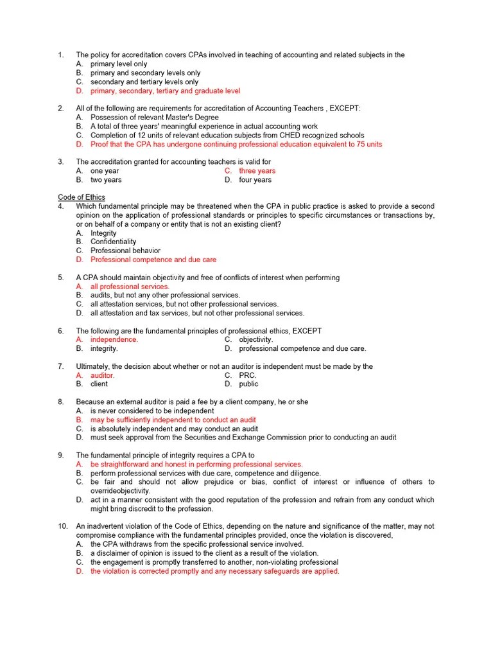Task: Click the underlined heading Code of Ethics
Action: tap(82, 197)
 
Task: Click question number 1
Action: tap(60, 55)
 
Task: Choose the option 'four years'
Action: tap(255, 180)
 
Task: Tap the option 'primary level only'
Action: tap(119, 64)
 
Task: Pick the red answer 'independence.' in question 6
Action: tap(114, 339)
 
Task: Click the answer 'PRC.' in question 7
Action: tap(248, 375)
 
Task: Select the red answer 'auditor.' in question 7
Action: tap(102, 375)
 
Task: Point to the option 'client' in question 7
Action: tap(99, 384)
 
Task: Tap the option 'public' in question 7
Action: tap(248, 384)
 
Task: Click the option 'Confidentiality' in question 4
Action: tap(113, 242)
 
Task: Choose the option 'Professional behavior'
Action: tap(125, 251)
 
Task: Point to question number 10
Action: tap(62, 526)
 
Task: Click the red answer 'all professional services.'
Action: tap(130, 287)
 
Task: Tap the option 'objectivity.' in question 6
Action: tap(255, 339)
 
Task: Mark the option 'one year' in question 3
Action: tap(105, 171)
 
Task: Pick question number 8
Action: tap(60, 402)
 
